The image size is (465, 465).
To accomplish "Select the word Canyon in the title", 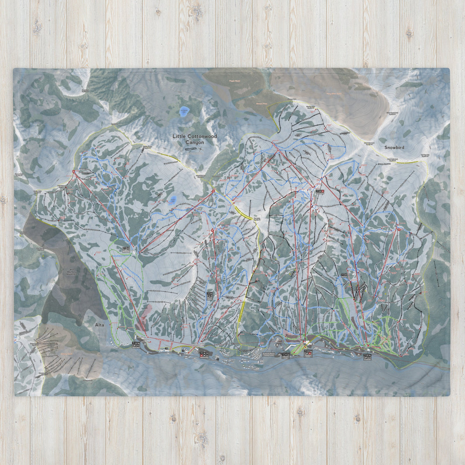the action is [195, 142].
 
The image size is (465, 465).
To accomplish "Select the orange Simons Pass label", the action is [262, 104].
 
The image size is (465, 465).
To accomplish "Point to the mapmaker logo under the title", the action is [191, 149].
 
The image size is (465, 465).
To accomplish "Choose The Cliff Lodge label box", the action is [286, 354].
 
